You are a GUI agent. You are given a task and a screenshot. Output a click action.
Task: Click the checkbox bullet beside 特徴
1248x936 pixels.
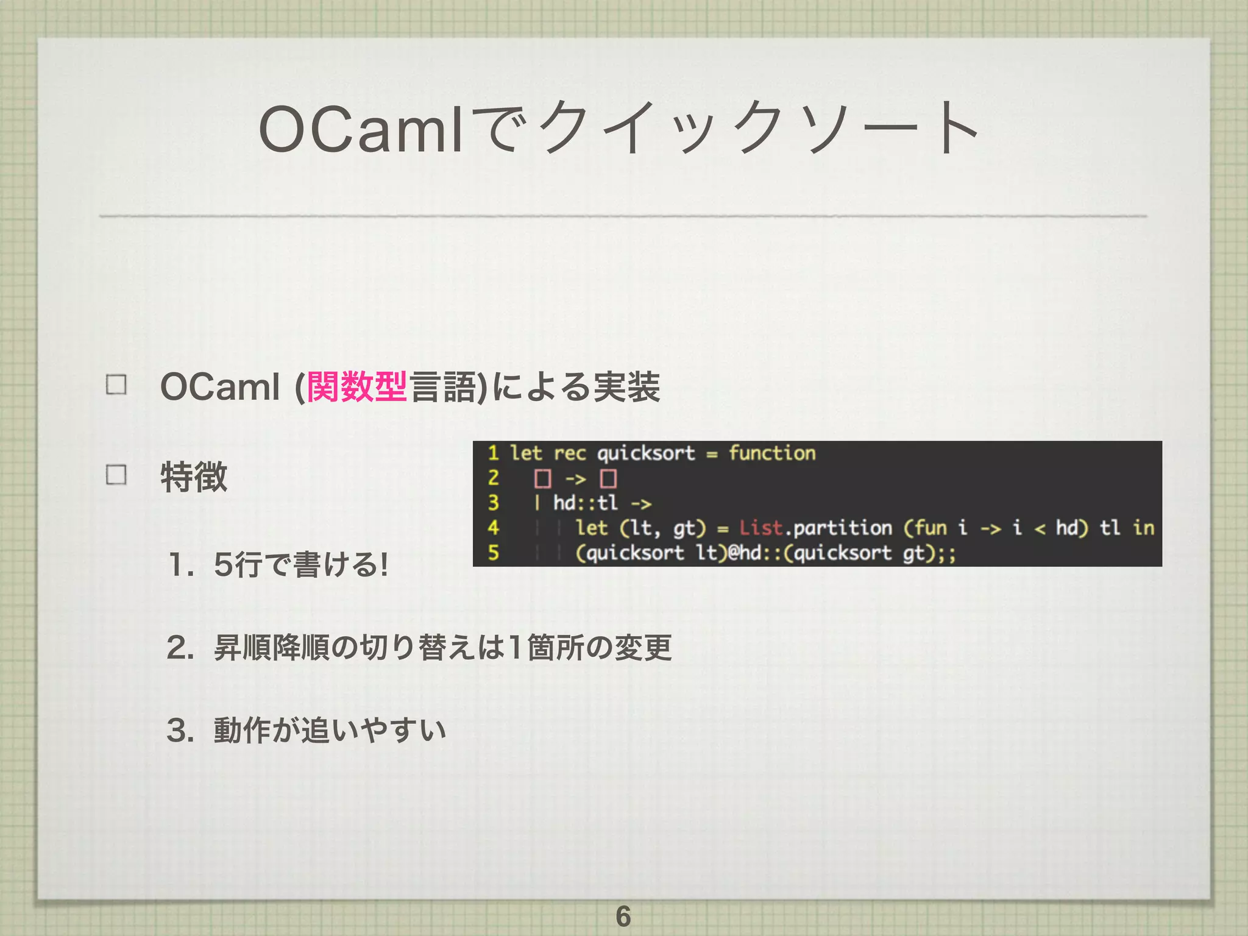[x=116, y=474]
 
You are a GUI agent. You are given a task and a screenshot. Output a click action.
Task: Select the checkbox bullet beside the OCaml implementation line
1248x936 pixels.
[x=116, y=385]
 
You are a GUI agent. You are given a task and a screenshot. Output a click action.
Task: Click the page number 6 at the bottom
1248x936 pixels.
[x=623, y=916]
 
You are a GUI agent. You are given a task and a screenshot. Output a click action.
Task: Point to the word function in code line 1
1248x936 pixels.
[x=771, y=453]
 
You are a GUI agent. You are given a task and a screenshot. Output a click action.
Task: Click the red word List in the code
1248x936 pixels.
[x=760, y=528]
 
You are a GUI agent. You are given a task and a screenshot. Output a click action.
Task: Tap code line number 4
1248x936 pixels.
[x=493, y=528]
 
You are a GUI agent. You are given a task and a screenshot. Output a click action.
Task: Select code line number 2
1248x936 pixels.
[x=493, y=478]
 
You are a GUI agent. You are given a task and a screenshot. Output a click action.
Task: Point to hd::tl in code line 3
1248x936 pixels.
[x=585, y=503]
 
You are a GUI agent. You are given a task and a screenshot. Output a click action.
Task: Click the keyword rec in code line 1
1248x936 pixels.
[x=569, y=454]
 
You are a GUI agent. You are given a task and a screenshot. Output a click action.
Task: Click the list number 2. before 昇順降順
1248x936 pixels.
[x=180, y=647]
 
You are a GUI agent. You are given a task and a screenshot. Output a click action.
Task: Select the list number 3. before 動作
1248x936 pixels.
[x=180, y=730]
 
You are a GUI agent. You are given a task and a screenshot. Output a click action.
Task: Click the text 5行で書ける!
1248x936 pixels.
[x=301, y=564]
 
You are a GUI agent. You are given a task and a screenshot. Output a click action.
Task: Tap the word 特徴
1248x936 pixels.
[x=194, y=477]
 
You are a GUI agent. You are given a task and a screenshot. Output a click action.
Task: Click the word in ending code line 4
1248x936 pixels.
[x=1143, y=528]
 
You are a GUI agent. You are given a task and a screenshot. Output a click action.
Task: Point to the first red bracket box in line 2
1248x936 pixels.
[x=542, y=479]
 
